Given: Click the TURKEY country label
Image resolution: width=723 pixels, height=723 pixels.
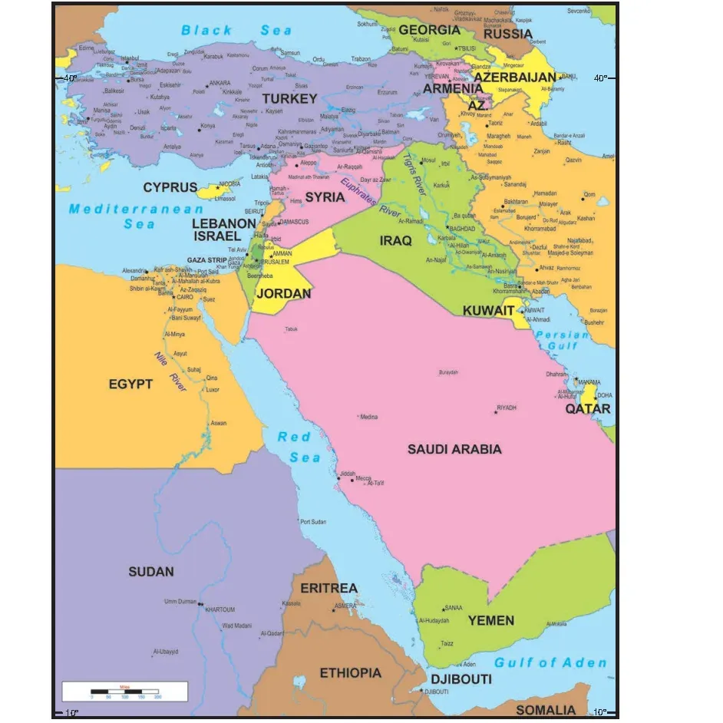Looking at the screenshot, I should tap(289, 99).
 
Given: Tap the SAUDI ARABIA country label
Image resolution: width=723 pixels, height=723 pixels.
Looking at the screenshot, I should tap(454, 449).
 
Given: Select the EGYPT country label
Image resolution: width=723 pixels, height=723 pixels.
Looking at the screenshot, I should tap(130, 384).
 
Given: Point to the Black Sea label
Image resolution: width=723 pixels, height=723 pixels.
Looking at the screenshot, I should tap(236, 31).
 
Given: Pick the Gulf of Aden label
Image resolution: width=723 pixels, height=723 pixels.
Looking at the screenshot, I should tap(550, 663).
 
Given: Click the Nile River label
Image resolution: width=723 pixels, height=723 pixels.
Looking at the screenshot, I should tap(171, 371).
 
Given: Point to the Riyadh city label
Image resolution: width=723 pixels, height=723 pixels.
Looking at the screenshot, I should tap(507, 408).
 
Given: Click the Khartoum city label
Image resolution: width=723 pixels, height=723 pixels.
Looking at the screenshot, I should tap(220, 609).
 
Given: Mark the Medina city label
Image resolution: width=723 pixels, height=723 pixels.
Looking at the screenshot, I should tap(368, 417).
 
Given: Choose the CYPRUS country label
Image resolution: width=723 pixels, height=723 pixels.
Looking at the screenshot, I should tap(170, 188).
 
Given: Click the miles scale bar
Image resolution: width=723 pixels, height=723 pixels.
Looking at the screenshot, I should tap(124, 692).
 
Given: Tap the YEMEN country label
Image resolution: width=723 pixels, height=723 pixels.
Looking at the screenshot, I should tap(491, 620).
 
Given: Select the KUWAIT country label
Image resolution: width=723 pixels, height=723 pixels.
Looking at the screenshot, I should tap(488, 311).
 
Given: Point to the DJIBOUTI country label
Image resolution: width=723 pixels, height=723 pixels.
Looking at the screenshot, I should tap(461, 680).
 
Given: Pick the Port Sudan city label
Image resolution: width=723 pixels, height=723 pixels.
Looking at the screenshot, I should tap(313, 522).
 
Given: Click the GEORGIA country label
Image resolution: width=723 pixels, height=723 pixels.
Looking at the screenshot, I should tap(429, 31).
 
